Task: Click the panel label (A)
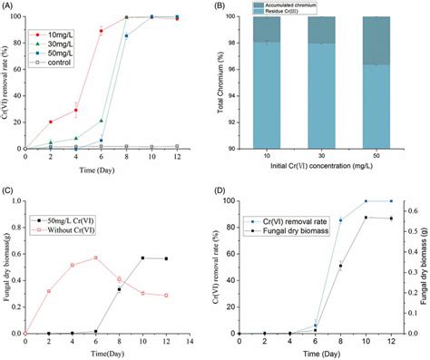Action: [x=9, y=6]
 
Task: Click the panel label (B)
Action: [x=230, y=6]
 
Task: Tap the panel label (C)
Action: [x=9, y=191]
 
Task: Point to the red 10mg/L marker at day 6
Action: [x=101, y=31]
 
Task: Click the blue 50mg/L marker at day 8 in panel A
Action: [x=126, y=35]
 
